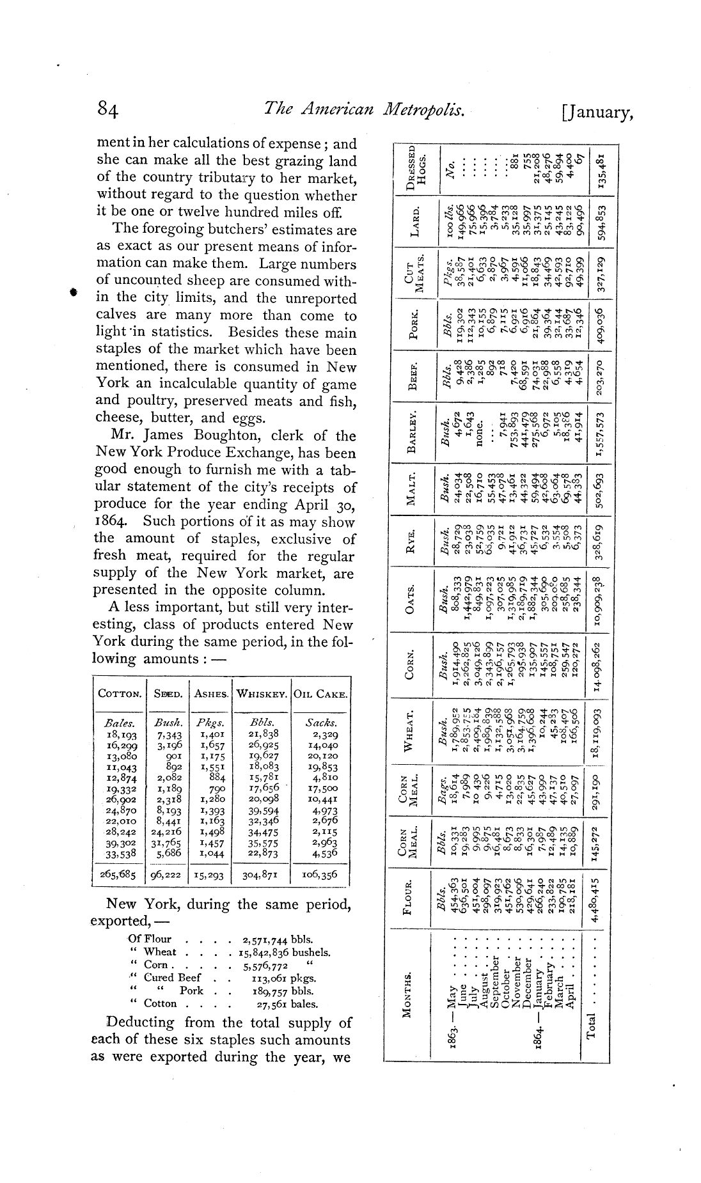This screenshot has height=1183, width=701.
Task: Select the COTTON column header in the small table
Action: coord(120,694)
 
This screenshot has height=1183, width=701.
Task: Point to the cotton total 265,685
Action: coord(118,875)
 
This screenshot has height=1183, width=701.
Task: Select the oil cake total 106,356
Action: coord(321,875)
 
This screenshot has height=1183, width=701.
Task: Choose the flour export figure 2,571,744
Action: coord(265,939)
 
